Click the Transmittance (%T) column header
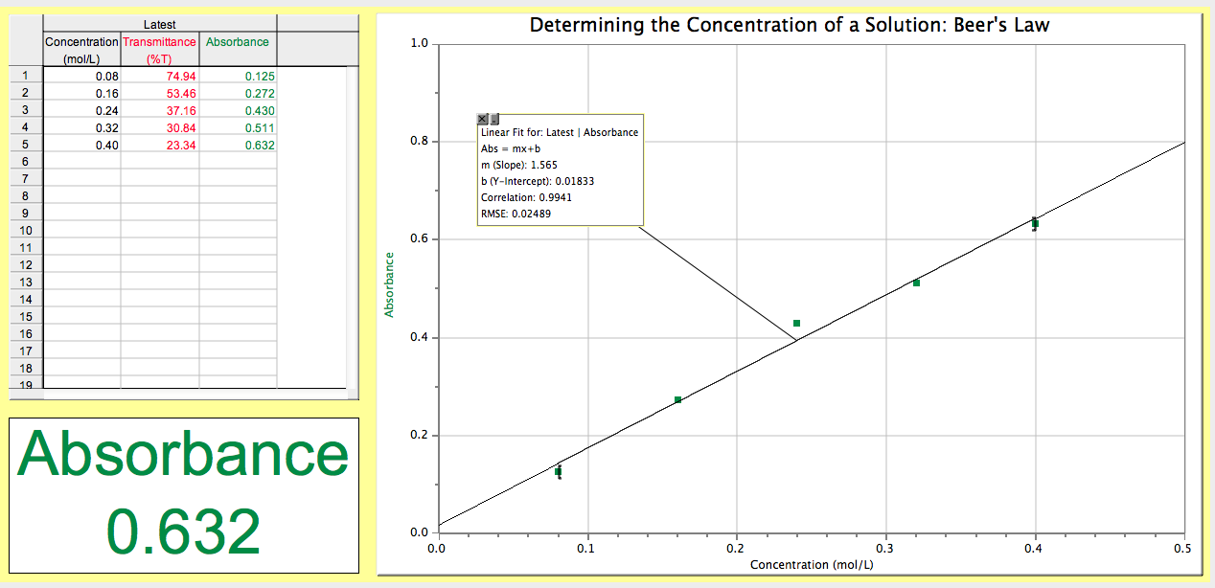[159, 50]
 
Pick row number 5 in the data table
[26, 145]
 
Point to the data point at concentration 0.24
[796, 324]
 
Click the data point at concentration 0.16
[677, 399]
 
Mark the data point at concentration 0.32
[916, 283]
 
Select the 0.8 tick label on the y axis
[419, 142]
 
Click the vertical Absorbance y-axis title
[390, 284]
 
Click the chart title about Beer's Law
[790, 25]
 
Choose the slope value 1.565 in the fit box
[543, 165]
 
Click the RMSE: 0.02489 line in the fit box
[516, 214]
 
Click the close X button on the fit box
[483, 119]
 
